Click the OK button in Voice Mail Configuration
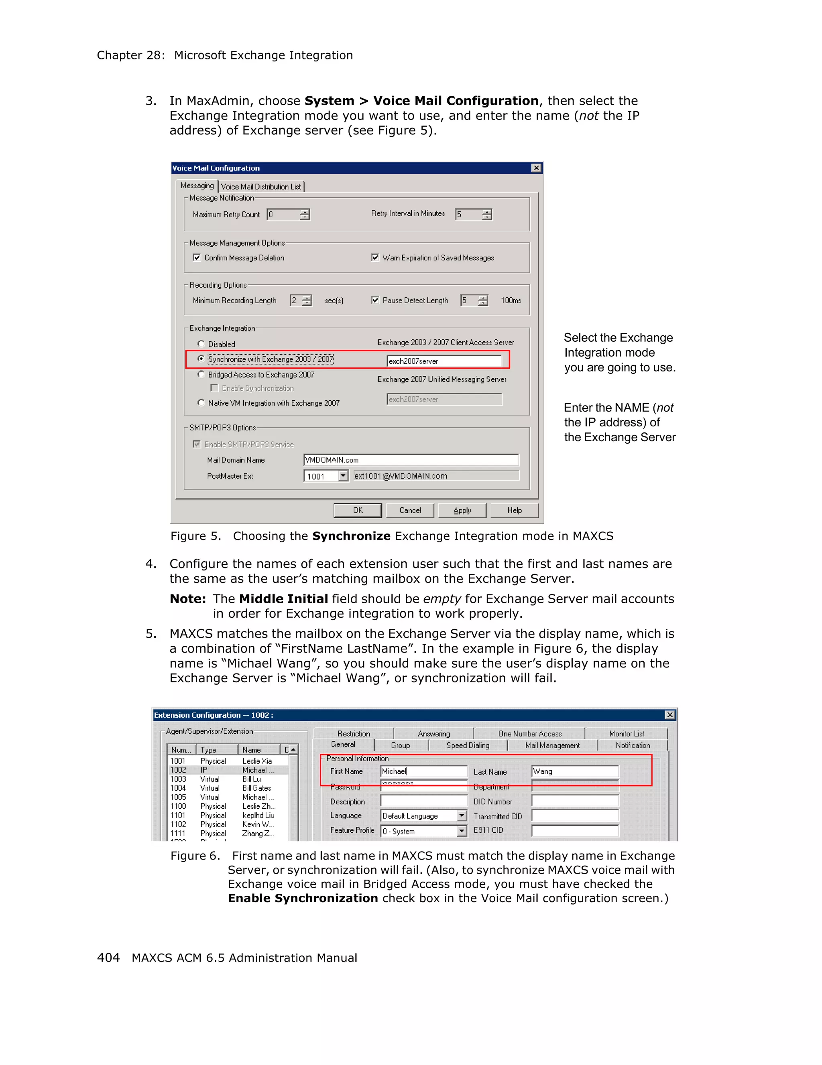pyautogui.click(x=358, y=510)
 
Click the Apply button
pyautogui.click(x=462, y=510)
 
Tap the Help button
pyautogui.click(x=514, y=510)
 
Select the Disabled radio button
pyautogui.click(x=201, y=344)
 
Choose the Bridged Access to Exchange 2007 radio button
pyautogui.click(x=201, y=375)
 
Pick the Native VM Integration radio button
pyautogui.click(x=201, y=403)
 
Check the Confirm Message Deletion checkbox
pyautogui.click(x=197, y=258)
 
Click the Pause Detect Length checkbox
pyautogui.click(x=374, y=300)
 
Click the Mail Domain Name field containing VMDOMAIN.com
pyautogui.click(x=411, y=460)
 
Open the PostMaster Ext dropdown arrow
pyautogui.click(x=343, y=476)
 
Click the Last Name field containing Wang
pyautogui.click(x=575, y=771)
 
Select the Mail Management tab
pyautogui.click(x=552, y=746)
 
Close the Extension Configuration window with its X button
pyautogui.click(x=670, y=715)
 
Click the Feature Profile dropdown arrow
pyautogui.click(x=462, y=831)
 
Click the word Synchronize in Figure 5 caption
pyautogui.click(x=351, y=536)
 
